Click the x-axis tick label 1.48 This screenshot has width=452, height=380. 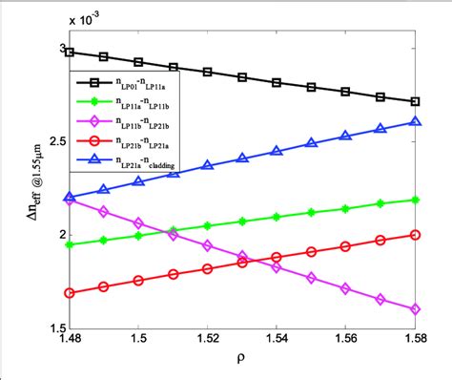point(69,338)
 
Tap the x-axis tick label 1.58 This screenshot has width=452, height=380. point(416,338)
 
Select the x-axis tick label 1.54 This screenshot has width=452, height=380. point(277,338)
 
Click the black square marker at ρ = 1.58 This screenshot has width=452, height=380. point(415,101)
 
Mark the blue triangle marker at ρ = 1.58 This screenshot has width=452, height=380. point(415,122)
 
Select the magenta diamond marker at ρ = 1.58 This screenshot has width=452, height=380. point(415,309)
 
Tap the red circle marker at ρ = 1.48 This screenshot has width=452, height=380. point(70,292)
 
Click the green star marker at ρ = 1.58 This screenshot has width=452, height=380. point(415,200)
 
